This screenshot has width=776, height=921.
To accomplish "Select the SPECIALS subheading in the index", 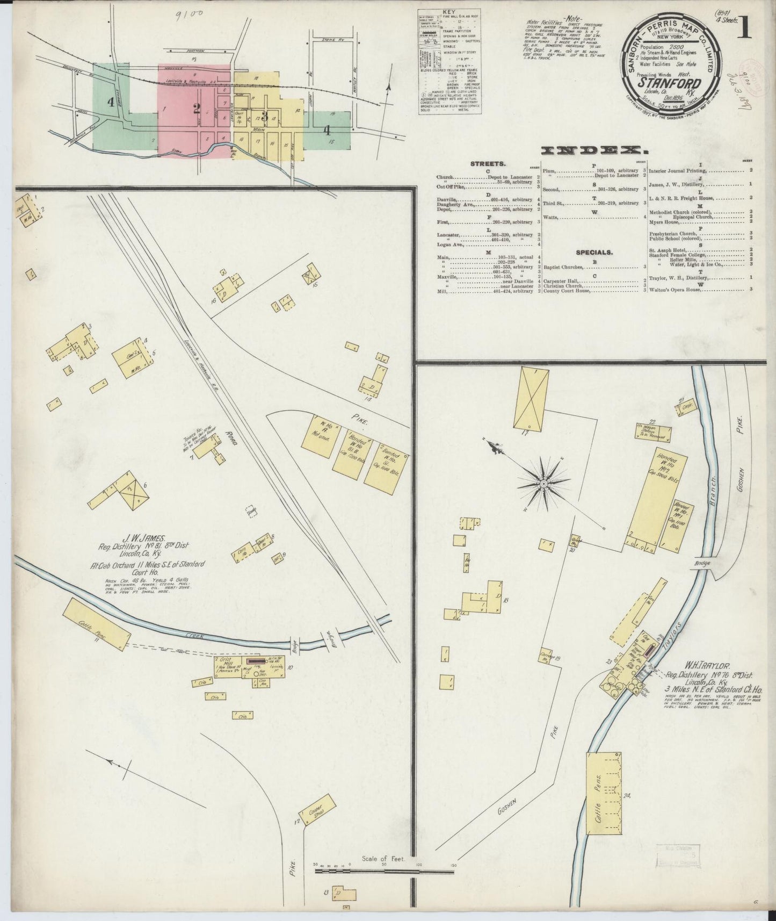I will [594, 252].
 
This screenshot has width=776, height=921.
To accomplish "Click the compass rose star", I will [543, 483].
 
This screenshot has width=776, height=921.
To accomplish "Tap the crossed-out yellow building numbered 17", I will [531, 399].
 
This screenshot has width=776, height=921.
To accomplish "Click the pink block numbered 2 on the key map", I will [197, 109].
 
